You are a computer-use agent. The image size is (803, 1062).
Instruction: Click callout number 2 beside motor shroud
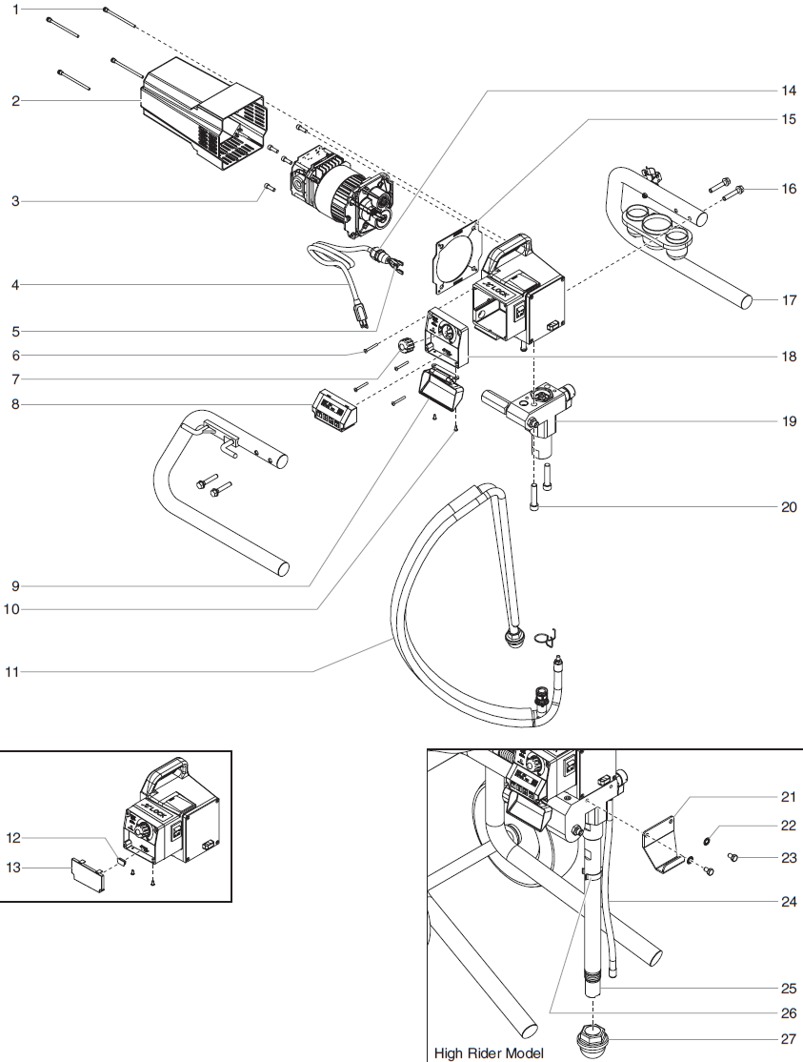click(x=15, y=100)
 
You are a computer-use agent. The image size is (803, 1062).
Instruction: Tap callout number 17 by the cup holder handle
click(x=789, y=300)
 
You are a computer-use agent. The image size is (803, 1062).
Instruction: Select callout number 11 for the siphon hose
click(x=12, y=672)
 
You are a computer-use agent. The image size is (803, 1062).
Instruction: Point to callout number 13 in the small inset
click(x=13, y=868)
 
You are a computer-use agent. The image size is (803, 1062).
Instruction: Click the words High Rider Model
click(x=489, y=1052)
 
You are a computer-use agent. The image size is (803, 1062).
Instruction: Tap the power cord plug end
click(x=361, y=312)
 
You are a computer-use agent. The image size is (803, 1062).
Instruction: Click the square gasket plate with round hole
click(x=455, y=254)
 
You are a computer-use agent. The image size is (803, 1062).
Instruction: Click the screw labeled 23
click(x=734, y=857)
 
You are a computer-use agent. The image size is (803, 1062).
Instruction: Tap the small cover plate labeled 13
click(x=88, y=873)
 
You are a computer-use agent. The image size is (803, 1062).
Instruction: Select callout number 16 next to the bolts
click(x=789, y=189)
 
